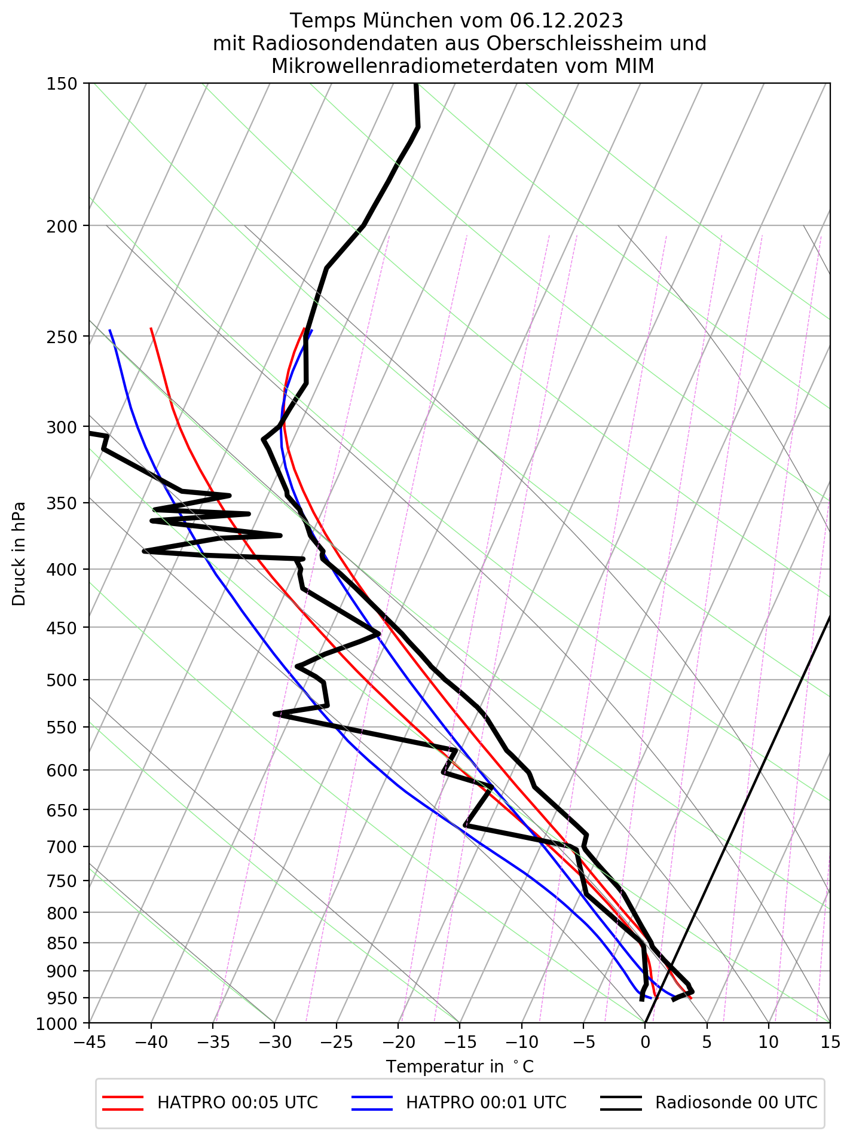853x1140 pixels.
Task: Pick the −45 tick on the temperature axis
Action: pyautogui.click(x=89, y=1042)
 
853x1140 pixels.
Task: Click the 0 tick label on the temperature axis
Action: pyautogui.click(x=645, y=1042)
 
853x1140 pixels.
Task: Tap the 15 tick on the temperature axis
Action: pyautogui.click(x=830, y=1042)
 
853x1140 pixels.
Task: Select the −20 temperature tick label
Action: pyautogui.click(x=398, y=1042)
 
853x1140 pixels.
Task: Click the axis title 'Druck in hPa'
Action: pyautogui.click(x=19, y=553)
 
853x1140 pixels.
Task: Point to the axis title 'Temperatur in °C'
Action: pyautogui.click(x=460, y=1066)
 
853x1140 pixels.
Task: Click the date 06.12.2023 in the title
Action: pyautogui.click(x=567, y=21)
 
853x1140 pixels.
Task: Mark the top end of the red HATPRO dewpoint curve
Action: pyautogui.click(x=151, y=328)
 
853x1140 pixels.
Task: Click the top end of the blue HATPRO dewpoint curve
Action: pyautogui.click(x=110, y=330)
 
